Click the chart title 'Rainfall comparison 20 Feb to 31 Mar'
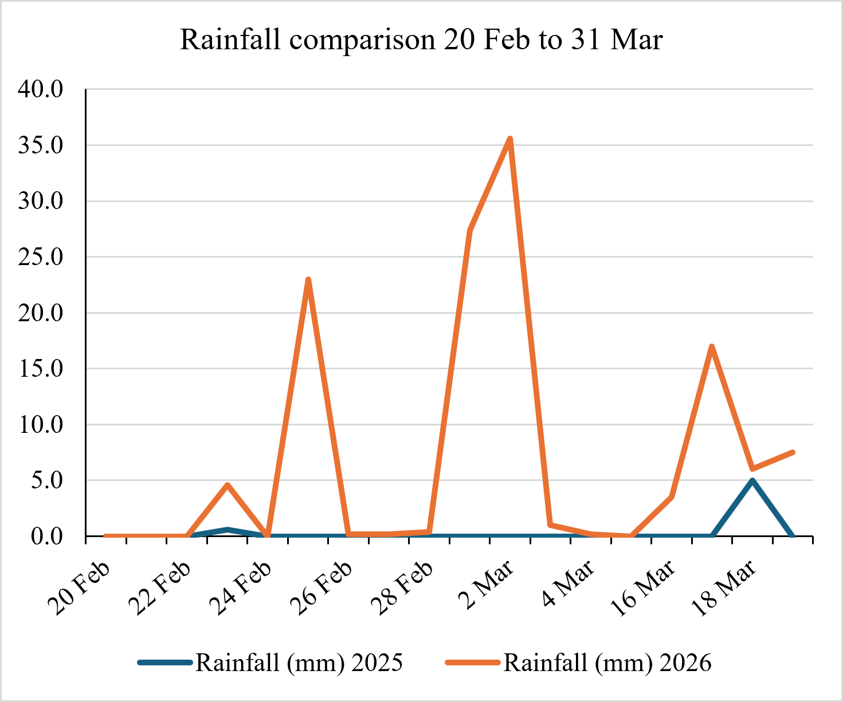tap(421, 40)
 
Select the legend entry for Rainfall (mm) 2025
tap(270, 662)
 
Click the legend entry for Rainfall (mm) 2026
tap(578, 662)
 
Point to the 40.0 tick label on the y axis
tap(40, 89)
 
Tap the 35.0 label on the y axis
tap(40, 145)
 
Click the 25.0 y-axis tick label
tap(40, 257)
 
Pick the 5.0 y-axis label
tap(47, 480)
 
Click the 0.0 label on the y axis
tap(47, 537)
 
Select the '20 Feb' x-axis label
tap(79, 588)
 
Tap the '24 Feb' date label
tap(240, 588)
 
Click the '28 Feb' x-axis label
tap(402, 588)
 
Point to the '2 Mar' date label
tap(487, 585)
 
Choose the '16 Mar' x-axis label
tap(643, 588)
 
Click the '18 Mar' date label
tap(723, 588)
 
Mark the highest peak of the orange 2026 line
tap(510, 139)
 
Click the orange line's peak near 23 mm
tap(308, 279)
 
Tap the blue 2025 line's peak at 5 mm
tap(752, 480)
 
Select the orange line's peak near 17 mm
tap(712, 346)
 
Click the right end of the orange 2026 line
tap(793, 452)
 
